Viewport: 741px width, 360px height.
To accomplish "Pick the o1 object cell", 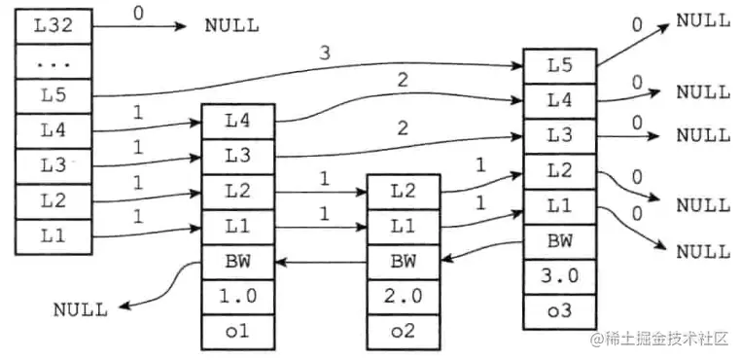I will pos(238,331).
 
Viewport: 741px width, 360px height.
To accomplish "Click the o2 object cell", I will pos(404,331).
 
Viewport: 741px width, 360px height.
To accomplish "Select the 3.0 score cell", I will pos(559,274).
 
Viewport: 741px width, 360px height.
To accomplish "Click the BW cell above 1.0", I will pos(238,261).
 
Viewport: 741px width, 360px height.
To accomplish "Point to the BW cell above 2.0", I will pos(404,261).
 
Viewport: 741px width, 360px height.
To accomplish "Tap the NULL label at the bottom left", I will pos(81,309).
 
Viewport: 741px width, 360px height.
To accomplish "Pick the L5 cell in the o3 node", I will pos(559,65).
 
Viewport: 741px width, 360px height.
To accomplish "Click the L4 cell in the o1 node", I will pos(238,121).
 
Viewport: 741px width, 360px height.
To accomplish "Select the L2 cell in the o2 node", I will pos(404,191).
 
